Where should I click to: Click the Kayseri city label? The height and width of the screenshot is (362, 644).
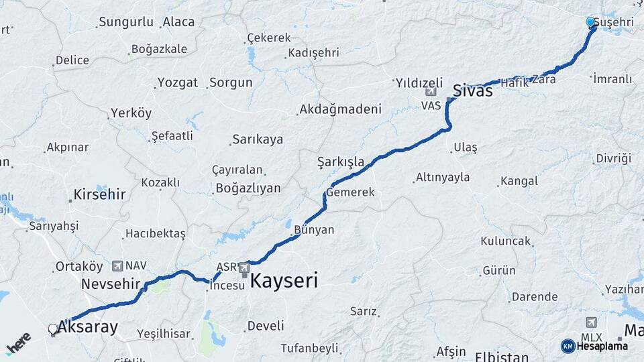(284, 281)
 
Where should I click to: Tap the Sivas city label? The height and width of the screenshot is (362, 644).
(473, 90)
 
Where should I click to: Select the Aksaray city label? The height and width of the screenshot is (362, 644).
(88, 327)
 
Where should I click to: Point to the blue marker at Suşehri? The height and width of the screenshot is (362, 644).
(590, 22)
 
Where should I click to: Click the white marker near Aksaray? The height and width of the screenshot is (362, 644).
(52, 328)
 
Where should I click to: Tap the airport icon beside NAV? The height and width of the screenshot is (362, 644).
(119, 265)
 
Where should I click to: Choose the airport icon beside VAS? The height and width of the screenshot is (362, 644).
(430, 93)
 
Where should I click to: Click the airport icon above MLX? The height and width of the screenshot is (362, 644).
(591, 322)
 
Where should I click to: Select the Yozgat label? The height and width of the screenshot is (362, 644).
(177, 83)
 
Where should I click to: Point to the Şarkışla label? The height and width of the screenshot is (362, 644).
(341, 162)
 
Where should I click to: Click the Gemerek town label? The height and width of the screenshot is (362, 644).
(350, 192)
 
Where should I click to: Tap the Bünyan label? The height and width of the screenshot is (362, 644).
(314, 229)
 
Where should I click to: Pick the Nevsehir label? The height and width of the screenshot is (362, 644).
(110, 284)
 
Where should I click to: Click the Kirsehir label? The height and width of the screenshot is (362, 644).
(99, 195)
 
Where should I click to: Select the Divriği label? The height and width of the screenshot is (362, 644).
(613, 159)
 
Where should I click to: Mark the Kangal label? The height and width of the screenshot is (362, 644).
(519, 181)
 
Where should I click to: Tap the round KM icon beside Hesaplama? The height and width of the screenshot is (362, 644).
(568, 346)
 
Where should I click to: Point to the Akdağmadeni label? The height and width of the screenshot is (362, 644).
(340, 109)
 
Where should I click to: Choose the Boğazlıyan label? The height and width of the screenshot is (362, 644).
(248, 188)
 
